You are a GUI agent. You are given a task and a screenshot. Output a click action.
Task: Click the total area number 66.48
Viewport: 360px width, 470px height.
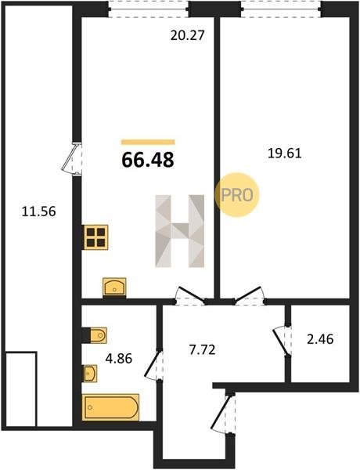148,160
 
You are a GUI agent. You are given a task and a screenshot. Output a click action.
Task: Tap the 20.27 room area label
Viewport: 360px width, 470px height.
188,35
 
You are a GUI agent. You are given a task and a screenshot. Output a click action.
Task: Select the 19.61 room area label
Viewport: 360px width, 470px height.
285,154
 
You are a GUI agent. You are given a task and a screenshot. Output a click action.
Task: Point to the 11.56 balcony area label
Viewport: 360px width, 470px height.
39,211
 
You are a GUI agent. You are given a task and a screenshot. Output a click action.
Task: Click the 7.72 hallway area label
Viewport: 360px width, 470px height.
202,349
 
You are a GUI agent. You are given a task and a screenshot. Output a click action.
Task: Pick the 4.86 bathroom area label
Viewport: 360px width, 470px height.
119,358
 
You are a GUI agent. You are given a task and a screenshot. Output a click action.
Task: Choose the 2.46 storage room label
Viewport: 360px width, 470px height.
320,339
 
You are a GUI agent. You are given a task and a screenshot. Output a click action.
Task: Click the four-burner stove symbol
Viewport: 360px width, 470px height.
95,237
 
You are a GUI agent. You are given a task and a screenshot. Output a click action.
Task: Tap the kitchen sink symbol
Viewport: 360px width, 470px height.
114,287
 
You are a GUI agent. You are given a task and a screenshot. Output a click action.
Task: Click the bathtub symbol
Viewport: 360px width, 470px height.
110,407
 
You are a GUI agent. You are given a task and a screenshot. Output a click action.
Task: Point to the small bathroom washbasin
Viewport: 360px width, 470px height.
90,374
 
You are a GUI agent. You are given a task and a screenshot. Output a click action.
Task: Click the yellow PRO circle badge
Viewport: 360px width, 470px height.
237,195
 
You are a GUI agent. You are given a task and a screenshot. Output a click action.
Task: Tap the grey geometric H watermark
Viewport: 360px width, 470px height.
180,231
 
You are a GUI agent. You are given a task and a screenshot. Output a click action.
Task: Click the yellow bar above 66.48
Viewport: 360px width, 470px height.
148,142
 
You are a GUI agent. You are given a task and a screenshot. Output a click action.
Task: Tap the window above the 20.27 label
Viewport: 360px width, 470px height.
148,9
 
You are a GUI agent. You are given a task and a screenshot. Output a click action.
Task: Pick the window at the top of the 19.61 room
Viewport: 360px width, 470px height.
281,9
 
